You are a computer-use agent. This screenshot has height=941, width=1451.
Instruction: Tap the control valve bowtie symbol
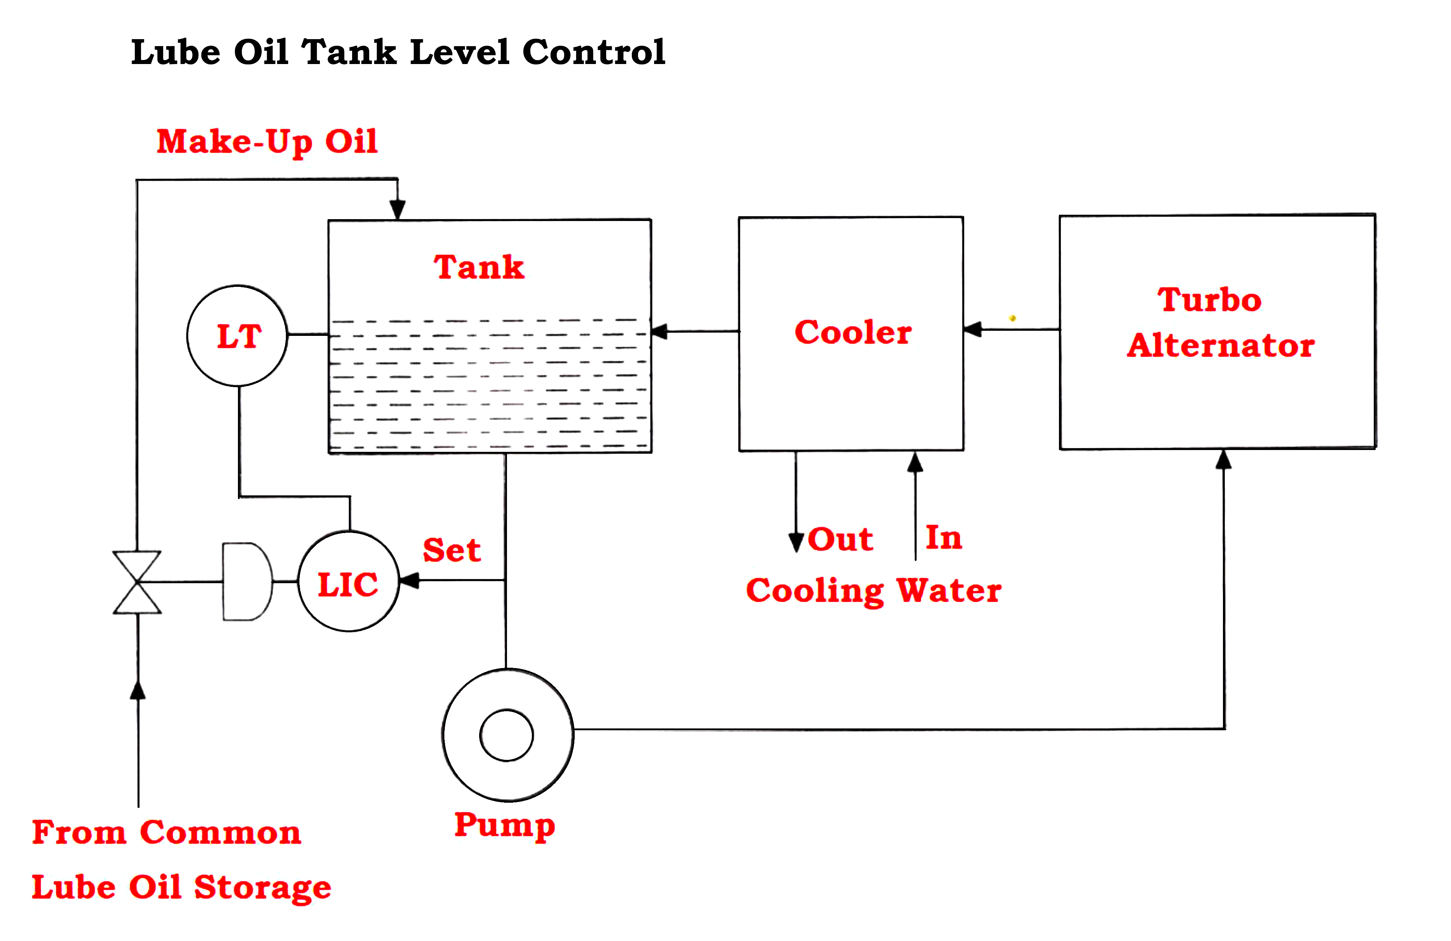137,582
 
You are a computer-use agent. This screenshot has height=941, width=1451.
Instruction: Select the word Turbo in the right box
1209,300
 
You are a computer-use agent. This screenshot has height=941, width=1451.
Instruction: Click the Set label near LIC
451,550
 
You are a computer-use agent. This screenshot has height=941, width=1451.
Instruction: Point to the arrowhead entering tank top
398,210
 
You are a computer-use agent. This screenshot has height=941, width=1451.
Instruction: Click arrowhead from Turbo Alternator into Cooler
973,329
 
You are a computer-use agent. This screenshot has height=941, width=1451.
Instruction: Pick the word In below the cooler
943,537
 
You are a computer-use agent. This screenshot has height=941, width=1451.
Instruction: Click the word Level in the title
460,52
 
